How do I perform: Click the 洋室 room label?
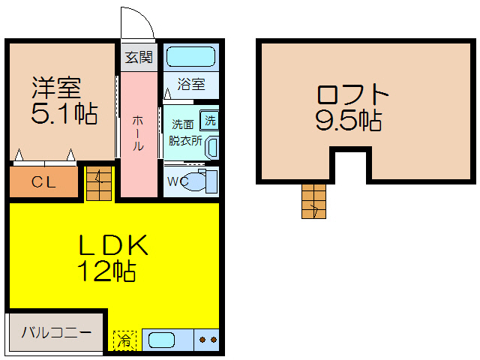pos(55,87)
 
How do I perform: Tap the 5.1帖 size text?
pos(64,114)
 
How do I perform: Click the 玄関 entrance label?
pos(139,57)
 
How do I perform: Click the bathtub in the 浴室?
pos(190,57)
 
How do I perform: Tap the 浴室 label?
pos(191,84)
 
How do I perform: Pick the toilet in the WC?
pos(199,181)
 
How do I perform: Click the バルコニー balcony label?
pos(56,331)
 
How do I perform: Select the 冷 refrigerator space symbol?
pos(125,340)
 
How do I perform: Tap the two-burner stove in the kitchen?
pos(208,340)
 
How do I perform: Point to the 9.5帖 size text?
pos(347,120)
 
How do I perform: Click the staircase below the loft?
pos(313,200)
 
